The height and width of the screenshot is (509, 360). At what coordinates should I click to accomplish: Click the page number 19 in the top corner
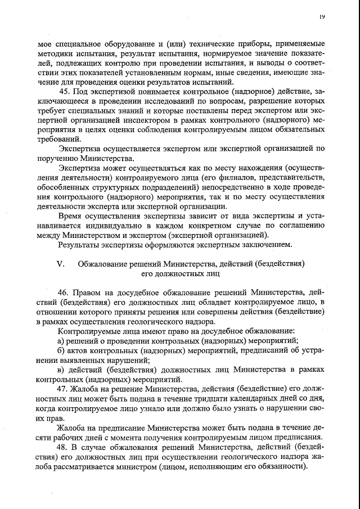coord(322,17)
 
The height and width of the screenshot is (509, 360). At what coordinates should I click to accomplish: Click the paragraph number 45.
coord(65,92)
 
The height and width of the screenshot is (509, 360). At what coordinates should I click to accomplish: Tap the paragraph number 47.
coord(64,389)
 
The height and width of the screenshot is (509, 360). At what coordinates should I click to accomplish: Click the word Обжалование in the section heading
coord(103,263)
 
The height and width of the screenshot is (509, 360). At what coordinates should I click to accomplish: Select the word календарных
coord(253,399)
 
